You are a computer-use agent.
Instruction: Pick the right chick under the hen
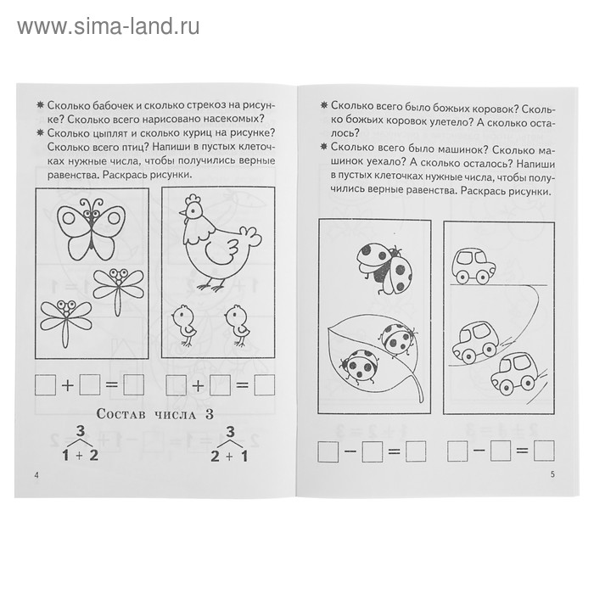point(234,322)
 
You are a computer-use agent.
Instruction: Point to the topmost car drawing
point(473,266)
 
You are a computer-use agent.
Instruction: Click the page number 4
point(34,473)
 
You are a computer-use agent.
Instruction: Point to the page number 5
point(552,474)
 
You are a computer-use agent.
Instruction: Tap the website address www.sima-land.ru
point(108,25)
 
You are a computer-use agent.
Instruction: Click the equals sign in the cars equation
point(522,451)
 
